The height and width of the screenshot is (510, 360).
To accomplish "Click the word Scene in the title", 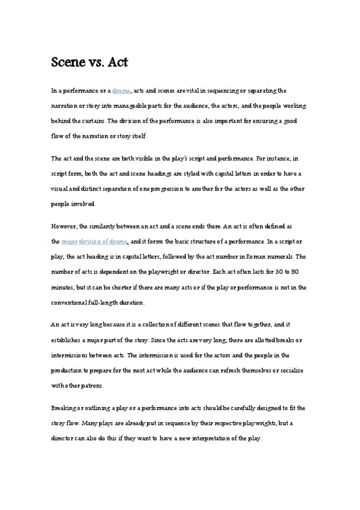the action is [67, 62].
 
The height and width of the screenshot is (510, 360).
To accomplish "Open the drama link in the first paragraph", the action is [121, 90].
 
